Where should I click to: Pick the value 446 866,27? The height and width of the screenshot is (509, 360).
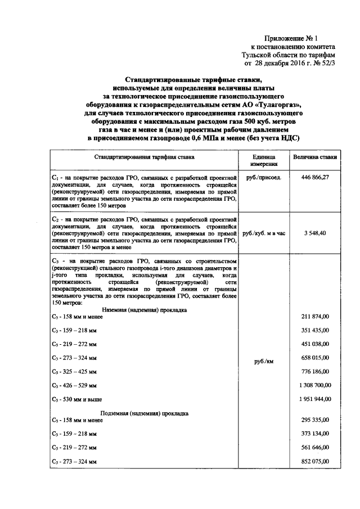point(315,177)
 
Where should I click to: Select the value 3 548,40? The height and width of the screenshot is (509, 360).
point(316,232)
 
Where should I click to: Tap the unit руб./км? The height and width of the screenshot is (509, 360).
point(263,362)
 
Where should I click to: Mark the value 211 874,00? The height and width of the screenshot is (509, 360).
point(315,317)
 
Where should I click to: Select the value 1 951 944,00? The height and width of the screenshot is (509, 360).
point(312,399)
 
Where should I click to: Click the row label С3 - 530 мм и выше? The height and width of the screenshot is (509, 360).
point(76,399)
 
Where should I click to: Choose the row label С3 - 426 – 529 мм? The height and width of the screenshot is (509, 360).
point(74,385)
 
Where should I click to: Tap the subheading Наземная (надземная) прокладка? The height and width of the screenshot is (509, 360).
point(145,310)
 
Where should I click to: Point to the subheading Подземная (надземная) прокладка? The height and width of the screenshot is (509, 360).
point(145,413)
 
